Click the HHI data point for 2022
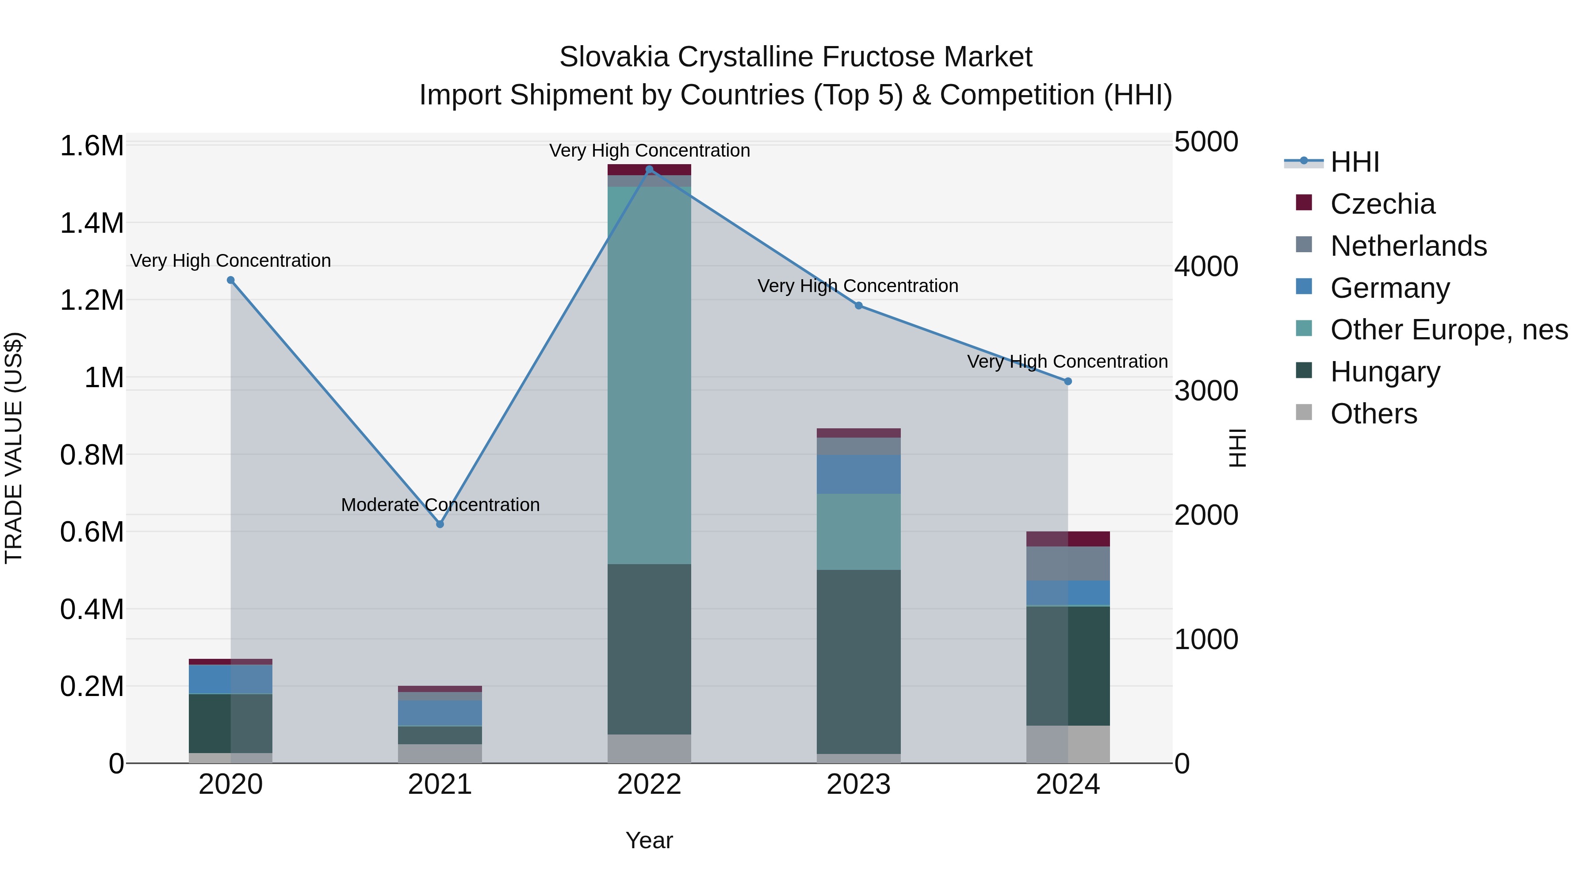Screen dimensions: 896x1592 pos(649,169)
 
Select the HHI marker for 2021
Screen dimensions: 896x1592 pos(440,524)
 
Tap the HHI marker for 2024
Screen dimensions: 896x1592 pos(1068,381)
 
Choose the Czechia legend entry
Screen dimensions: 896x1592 pos(1382,204)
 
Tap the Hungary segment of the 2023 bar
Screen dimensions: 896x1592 pos(858,661)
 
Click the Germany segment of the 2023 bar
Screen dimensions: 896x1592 pos(858,474)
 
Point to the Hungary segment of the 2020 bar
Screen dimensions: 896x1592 pos(230,723)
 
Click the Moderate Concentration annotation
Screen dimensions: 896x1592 pos(440,505)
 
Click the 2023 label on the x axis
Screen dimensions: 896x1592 pos(858,784)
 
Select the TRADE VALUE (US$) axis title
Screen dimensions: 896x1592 pos(14,448)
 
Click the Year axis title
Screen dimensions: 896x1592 pos(649,840)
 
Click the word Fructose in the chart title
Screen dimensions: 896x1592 pos(869,57)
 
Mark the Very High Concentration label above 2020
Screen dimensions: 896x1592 pos(230,261)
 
